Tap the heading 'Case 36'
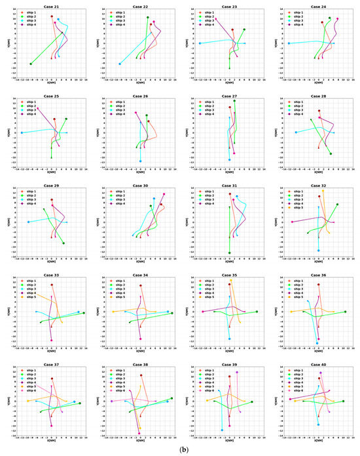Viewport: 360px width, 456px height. [319, 275]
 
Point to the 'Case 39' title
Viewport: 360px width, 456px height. [230, 364]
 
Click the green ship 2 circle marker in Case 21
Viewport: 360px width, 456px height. [31, 64]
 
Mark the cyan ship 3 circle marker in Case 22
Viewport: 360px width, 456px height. [120, 64]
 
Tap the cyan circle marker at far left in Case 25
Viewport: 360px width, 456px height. [22, 132]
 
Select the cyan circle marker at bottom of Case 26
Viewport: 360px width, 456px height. [140, 161]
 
